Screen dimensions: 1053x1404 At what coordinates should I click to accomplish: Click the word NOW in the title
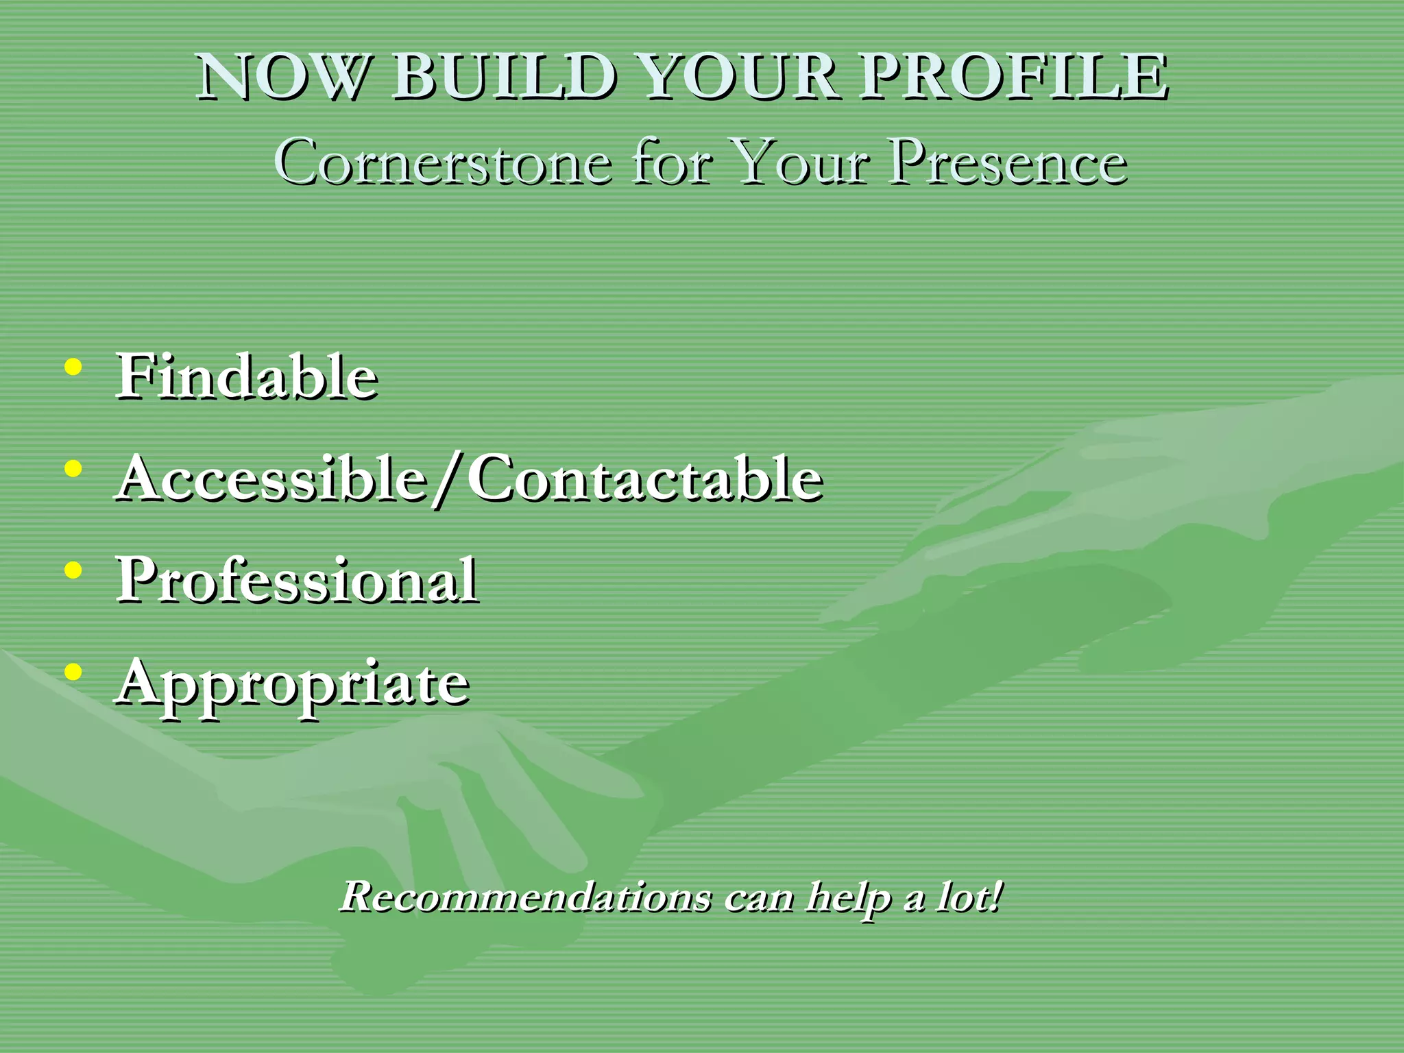281,77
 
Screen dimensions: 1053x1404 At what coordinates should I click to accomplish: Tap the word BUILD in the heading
504,77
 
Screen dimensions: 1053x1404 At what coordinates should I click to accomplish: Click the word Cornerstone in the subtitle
443,163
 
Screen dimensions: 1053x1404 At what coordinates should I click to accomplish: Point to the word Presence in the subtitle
1008,163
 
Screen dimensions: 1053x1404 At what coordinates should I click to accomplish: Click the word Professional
297,580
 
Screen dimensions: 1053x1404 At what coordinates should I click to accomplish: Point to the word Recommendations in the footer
526,896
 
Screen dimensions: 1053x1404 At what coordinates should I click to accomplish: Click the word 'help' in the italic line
848,897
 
